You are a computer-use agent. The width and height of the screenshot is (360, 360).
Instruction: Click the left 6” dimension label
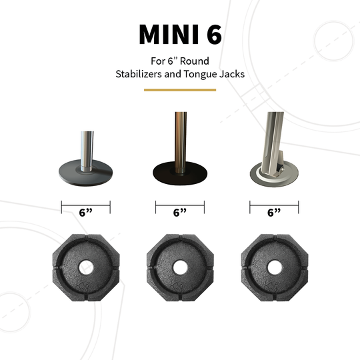click(85, 213)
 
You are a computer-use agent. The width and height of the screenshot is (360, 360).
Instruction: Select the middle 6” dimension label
click(179, 213)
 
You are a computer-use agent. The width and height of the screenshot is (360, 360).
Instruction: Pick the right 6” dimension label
click(274, 213)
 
